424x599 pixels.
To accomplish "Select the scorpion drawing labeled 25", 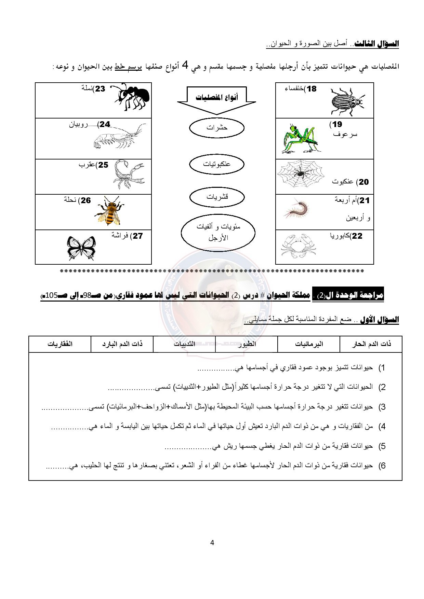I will pyautogui.click(x=128, y=174).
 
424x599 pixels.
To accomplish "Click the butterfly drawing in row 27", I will pyautogui.click(x=81, y=248).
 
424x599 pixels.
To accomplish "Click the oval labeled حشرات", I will pyautogui.click(x=217, y=128).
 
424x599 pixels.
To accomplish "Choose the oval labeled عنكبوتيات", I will pyautogui.click(x=217, y=164).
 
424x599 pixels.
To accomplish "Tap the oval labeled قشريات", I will pyautogui.click(x=217, y=197).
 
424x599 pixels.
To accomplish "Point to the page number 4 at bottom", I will pyautogui.click(x=212, y=543).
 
